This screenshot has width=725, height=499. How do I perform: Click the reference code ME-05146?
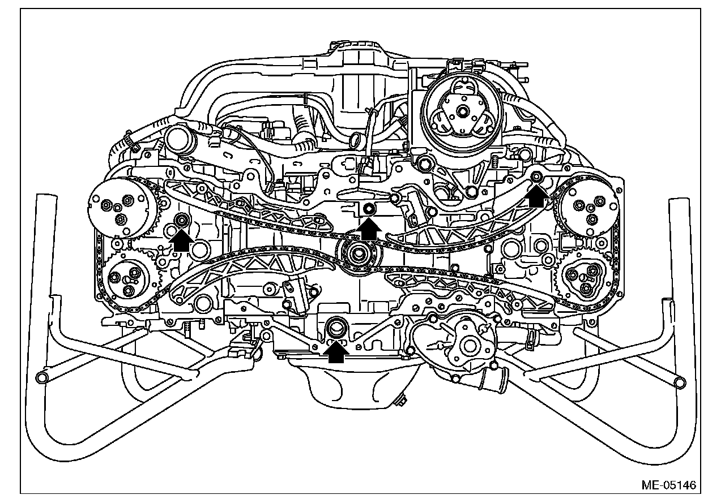pyautogui.click(x=668, y=485)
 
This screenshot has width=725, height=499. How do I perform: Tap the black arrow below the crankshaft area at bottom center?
pyautogui.click(x=336, y=352)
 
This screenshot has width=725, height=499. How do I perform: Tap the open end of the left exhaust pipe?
pyautogui.click(x=41, y=377)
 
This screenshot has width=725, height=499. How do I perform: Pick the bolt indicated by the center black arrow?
pyautogui.click(x=368, y=209)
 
